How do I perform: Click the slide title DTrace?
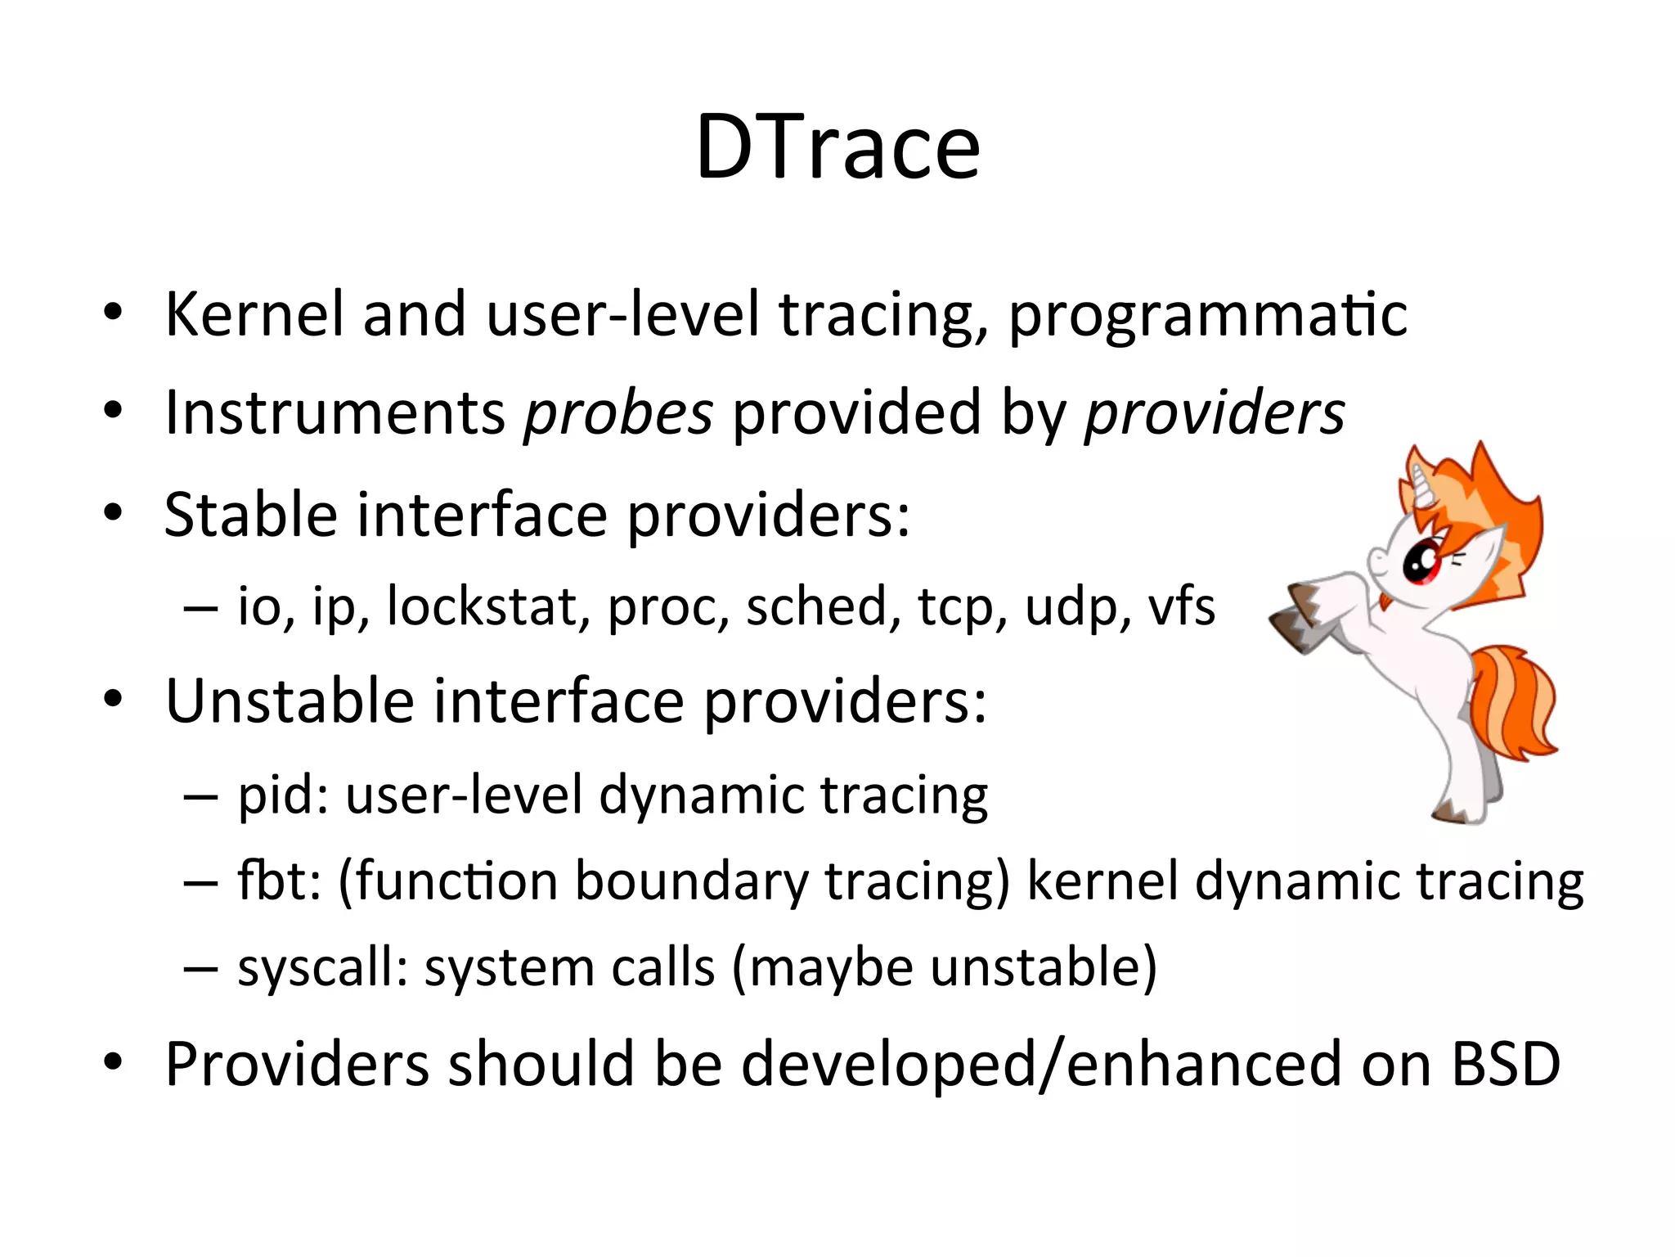coord(837,147)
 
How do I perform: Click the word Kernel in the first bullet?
coord(254,315)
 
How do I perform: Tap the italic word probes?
coord(618,413)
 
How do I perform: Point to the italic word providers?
coord(1214,413)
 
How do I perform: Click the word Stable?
coord(250,516)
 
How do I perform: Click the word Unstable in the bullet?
coord(290,702)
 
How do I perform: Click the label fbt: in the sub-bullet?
coord(279,882)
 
